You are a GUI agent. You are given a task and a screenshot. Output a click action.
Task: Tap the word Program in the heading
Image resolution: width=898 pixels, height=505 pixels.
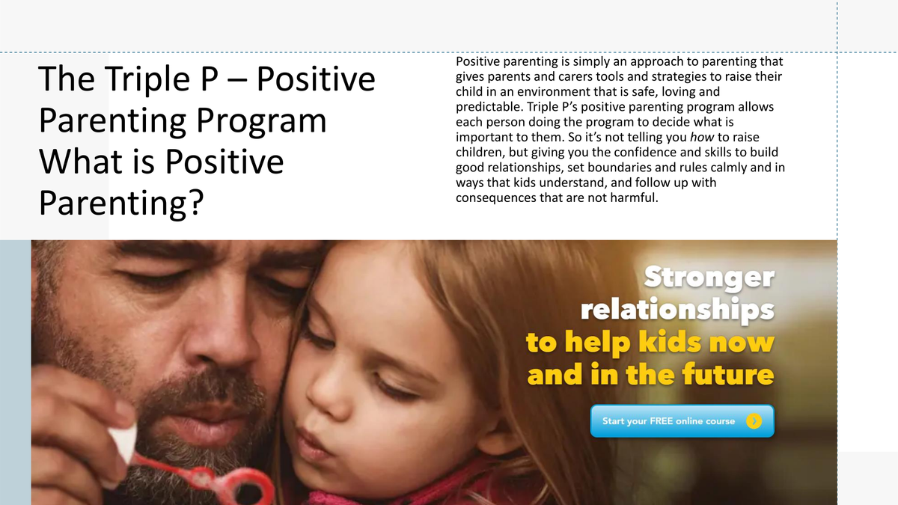(261, 120)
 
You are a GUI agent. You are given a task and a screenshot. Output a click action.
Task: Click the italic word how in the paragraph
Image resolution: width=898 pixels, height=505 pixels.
(702, 137)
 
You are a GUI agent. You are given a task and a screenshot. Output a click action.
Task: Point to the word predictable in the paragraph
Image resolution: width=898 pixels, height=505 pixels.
(489, 107)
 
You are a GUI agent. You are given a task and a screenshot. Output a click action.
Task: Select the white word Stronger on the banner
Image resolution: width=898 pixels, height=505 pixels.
(709, 277)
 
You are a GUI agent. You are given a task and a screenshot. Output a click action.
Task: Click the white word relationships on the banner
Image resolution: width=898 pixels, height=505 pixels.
(677, 309)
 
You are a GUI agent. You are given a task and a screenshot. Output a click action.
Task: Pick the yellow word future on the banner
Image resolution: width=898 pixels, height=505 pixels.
(727, 374)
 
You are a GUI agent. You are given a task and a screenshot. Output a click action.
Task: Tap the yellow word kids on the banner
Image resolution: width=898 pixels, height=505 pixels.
(670, 341)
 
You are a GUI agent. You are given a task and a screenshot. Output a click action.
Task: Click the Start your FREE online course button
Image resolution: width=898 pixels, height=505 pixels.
(682, 420)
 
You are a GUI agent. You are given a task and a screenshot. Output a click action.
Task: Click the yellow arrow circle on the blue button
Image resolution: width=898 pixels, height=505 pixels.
(754, 421)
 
